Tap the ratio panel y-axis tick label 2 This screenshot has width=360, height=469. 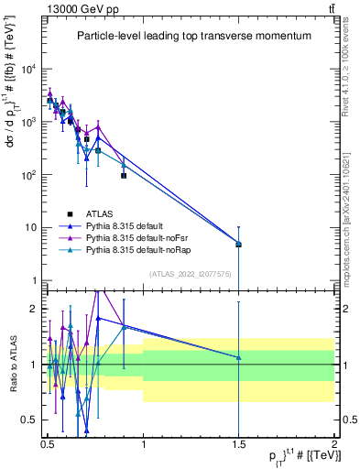click(x=37, y=309)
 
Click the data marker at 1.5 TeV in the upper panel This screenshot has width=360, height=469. click(x=238, y=245)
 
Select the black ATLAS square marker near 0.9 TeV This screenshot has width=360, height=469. click(x=124, y=175)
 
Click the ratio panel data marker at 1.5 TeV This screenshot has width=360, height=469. click(x=238, y=357)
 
